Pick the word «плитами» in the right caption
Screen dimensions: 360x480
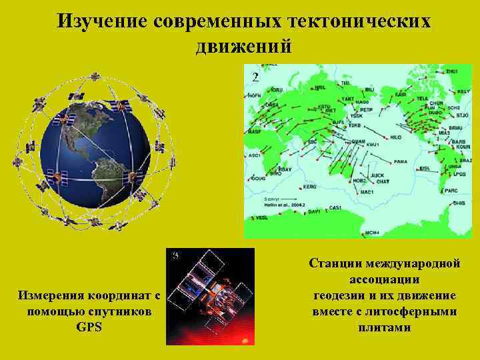[385, 327]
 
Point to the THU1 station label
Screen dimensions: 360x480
[452, 71]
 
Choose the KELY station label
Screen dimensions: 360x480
[463, 91]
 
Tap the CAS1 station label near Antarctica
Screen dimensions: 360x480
[335, 208]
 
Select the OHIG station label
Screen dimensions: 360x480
[459, 205]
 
